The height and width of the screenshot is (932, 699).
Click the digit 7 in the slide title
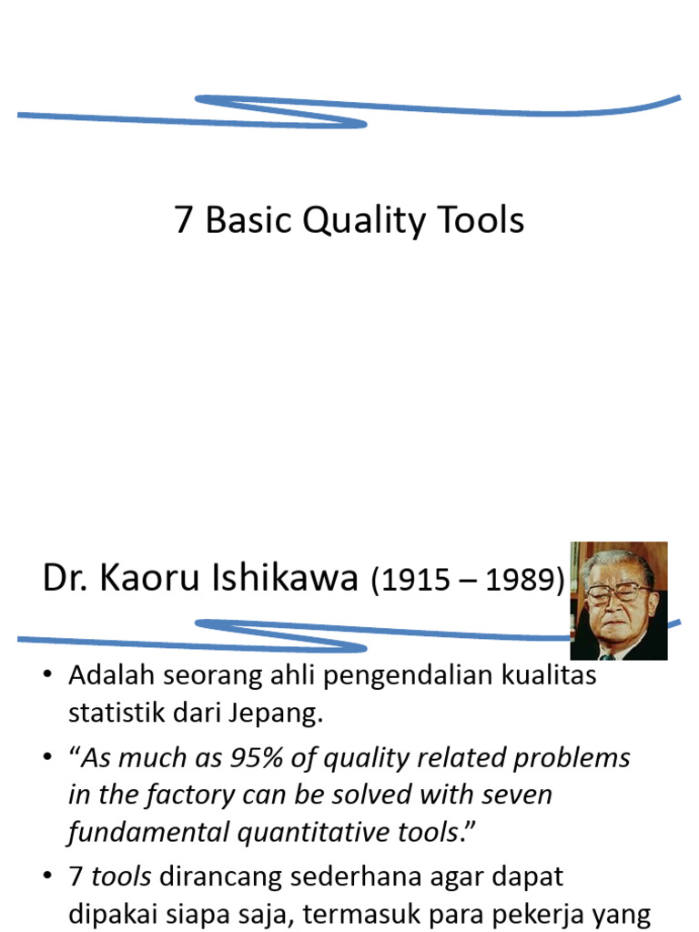point(184,221)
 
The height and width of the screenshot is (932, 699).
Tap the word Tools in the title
point(480,221)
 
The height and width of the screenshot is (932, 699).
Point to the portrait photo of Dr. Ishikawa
point(619,601)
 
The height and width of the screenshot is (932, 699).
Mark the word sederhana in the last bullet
point(329,877)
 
